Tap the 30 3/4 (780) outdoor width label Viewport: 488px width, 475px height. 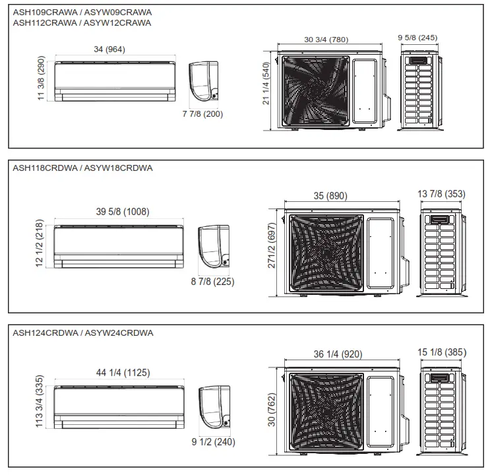(327, 40)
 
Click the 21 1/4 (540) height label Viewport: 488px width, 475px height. (266, 84)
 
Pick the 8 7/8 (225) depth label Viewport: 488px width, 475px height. (211, 281)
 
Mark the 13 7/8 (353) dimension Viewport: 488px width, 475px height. (442, 193)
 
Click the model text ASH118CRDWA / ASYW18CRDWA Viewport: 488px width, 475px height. (82, 168)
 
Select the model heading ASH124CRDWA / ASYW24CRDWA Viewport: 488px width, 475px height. (82, 333)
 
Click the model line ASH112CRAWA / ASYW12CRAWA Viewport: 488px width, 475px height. (82, 22)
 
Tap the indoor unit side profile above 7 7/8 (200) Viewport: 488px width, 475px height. (204, 81)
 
